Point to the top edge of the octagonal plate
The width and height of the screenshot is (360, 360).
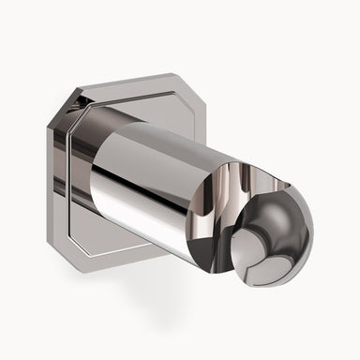pos(112,82)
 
